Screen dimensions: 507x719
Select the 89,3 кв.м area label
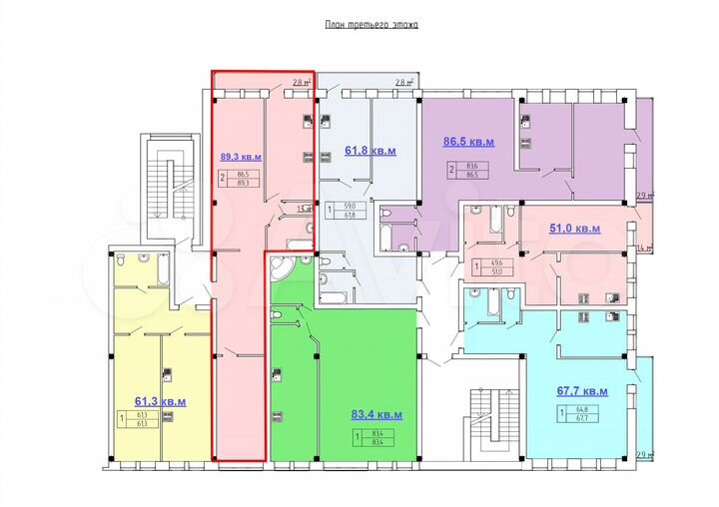[x=241, y=157]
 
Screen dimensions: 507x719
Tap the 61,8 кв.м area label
[x=370, y=151]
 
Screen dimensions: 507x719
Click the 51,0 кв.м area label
[x=575, y=229]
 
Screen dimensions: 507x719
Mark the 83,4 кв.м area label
[x=376, y=414]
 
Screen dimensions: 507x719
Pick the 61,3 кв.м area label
[x=160, y=401]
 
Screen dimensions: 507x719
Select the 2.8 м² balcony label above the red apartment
[x=302, y=83]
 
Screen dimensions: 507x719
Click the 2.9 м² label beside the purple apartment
[x=644, y=196]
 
